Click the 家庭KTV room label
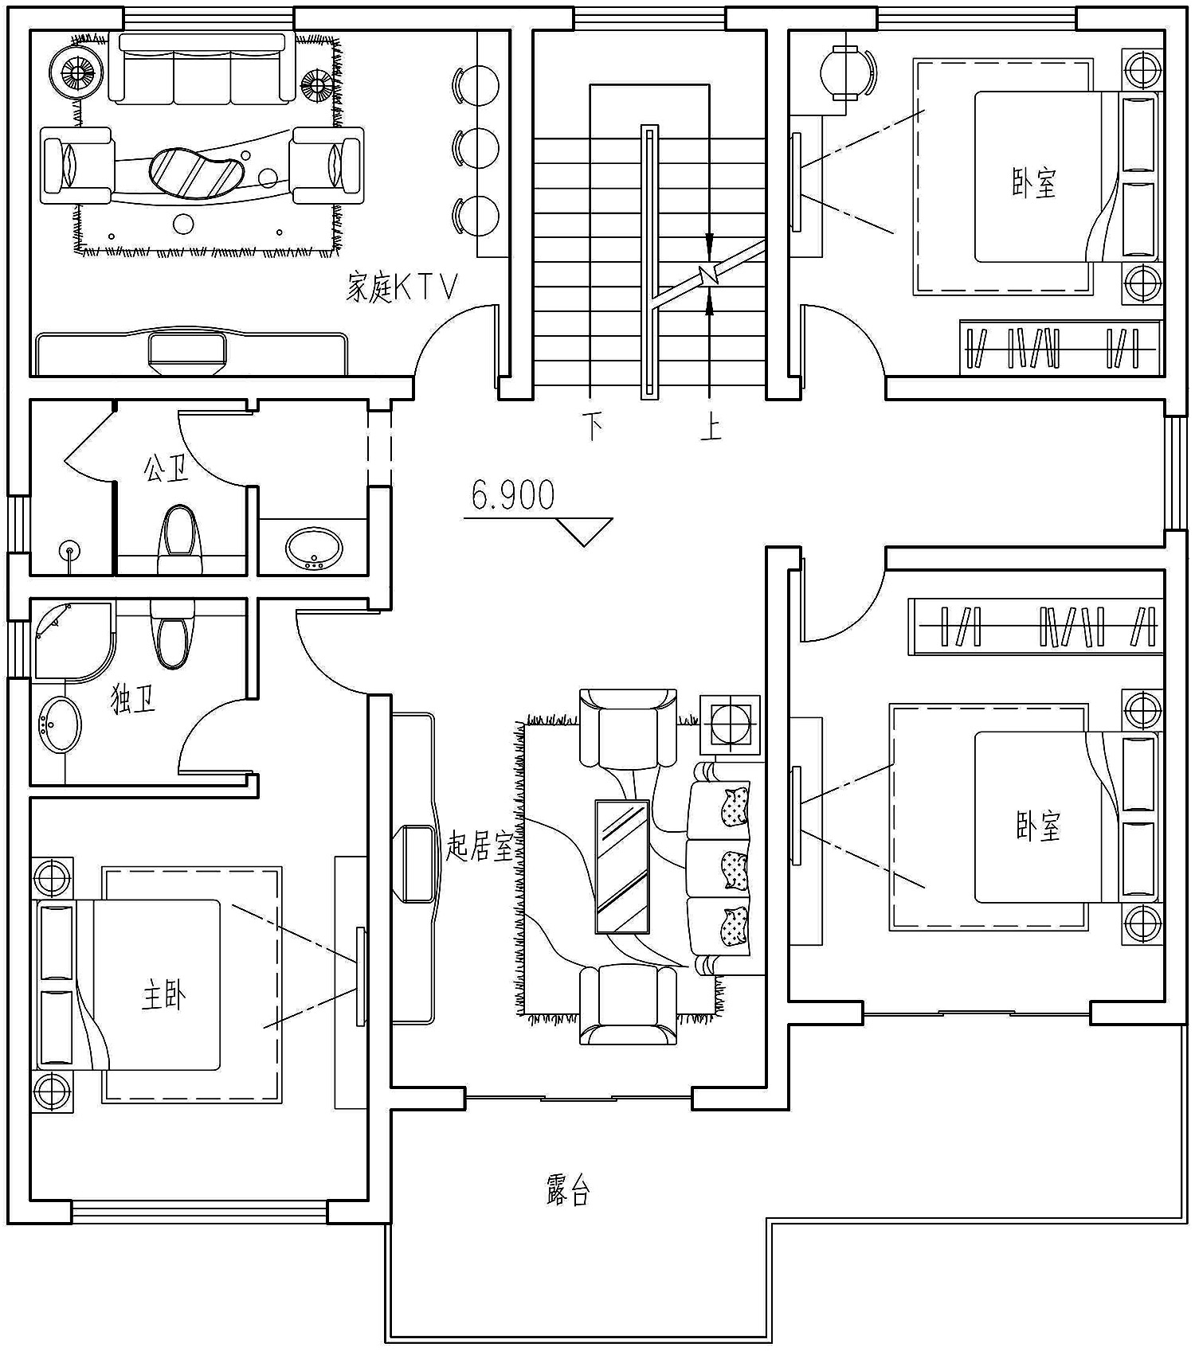click(x=402, y=287)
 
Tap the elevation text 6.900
click(x=513, y=495)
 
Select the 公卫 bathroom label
click(x=166, y=468)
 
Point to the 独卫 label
click(x=132, y=700)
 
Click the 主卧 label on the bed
click(x=164, y=995)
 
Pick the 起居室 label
click(x=480, y=845)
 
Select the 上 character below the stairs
click(x=711, y=427)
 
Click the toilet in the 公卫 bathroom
click(x=179, y=537)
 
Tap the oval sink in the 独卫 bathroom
click(x=60, y=724)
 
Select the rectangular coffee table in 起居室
click(x=622, y=866)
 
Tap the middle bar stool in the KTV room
click(x=476, y=148)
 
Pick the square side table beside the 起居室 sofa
click(x=730, y=724)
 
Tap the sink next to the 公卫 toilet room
click(x=314, y=549)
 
